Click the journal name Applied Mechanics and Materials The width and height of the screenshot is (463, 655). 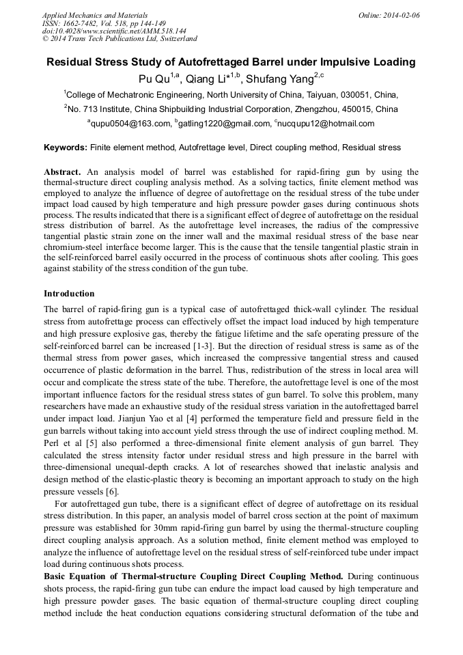[x=94, y=15]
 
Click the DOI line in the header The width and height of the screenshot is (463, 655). [x=114, y=31]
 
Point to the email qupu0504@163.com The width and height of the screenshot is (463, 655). [x=131, y=124]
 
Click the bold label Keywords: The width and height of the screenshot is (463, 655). [x=66, y=147]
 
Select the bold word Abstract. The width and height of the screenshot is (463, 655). [x=62, y=172]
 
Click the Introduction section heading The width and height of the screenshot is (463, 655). [x=69, y=294]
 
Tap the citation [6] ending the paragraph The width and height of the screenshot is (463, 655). [x=113, y=491]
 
